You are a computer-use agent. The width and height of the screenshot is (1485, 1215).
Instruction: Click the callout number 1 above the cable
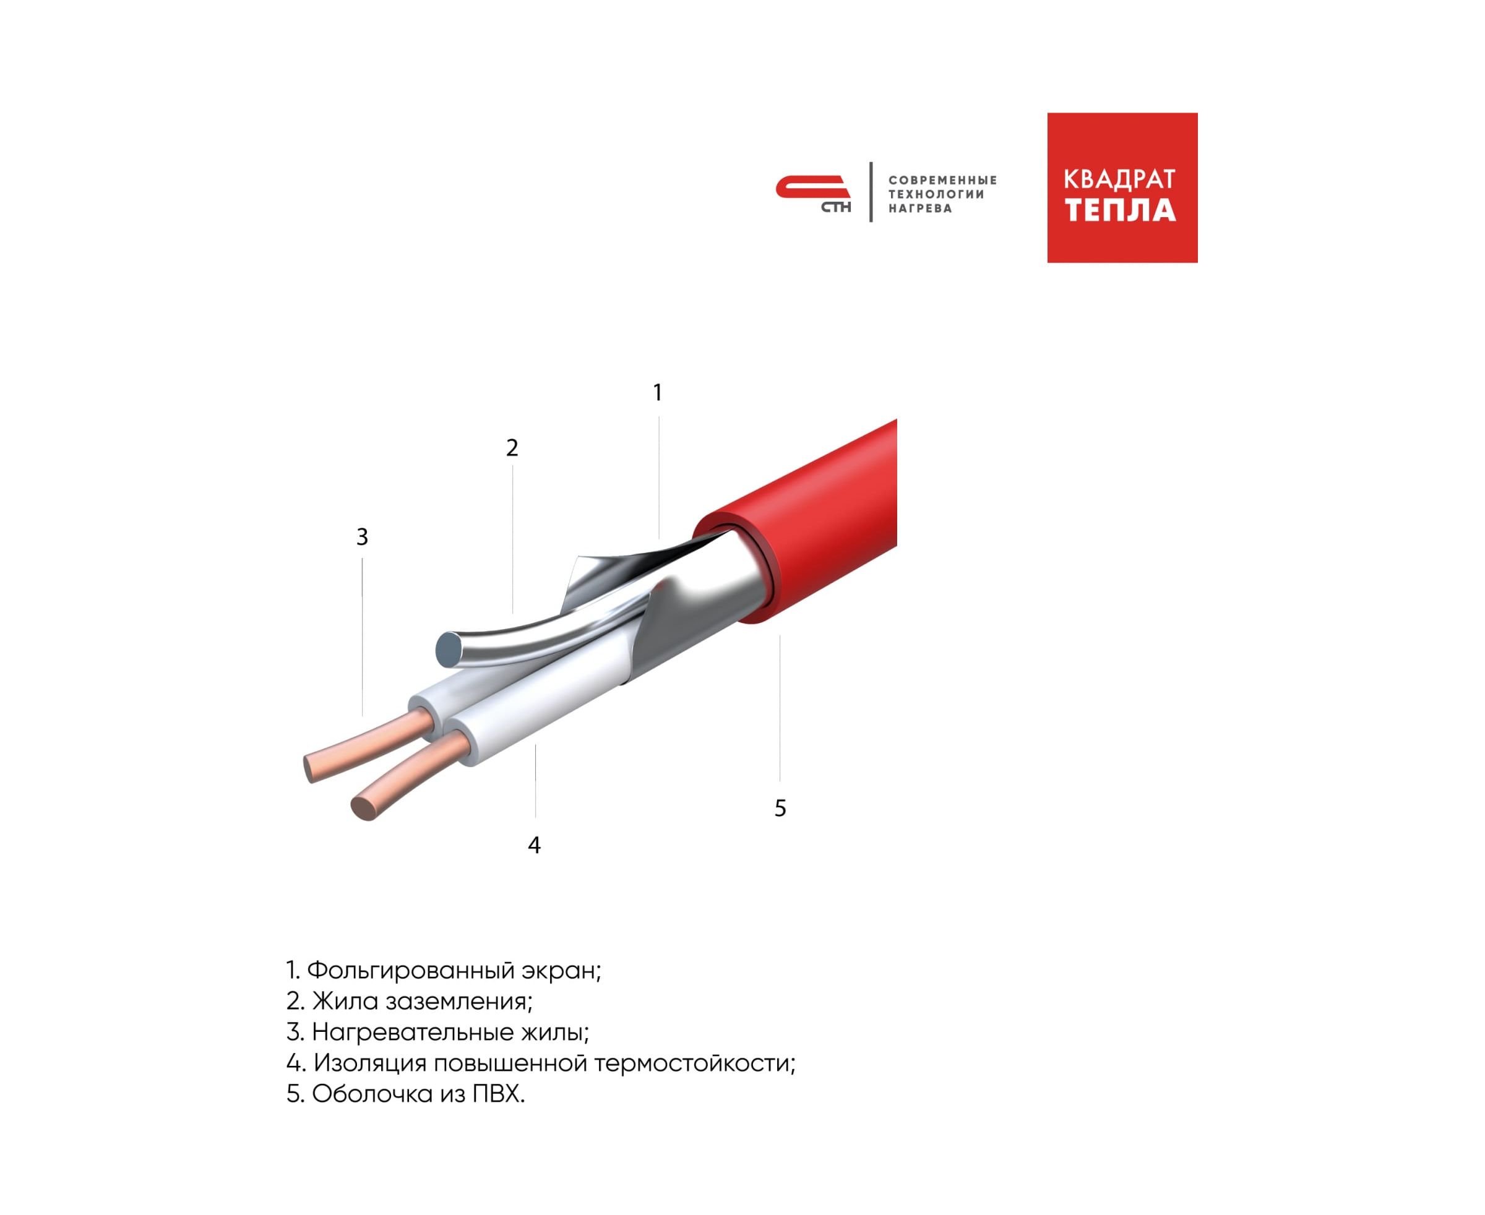(x=658, y=393)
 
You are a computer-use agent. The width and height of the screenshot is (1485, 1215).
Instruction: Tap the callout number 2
(x=512, y=448)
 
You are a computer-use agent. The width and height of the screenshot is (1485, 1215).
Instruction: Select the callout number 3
(x=362, y=537)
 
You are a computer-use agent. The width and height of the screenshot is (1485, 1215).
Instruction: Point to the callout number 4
(x=534, y=846)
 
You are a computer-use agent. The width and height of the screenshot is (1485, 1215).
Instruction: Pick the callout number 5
(x=781, y=809)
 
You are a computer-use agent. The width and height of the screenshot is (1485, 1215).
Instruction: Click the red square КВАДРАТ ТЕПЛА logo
(x=1122, y=187)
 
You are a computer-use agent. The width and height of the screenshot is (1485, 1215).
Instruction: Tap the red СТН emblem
(x=813, y=193)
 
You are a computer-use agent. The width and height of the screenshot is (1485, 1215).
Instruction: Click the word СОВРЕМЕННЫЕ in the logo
(x=942, y=181)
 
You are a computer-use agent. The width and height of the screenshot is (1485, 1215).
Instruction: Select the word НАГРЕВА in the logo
(x=920, y=208)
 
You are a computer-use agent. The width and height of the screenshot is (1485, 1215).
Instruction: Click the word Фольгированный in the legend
(x=411, y=971)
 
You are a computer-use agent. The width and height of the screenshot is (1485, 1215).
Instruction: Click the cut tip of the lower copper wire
(x=363, y=809)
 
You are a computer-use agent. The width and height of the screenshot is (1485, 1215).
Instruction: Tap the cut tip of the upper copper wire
(x=310, y=768)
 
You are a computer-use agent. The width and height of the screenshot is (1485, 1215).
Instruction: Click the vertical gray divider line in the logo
(x=871, y=192)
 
